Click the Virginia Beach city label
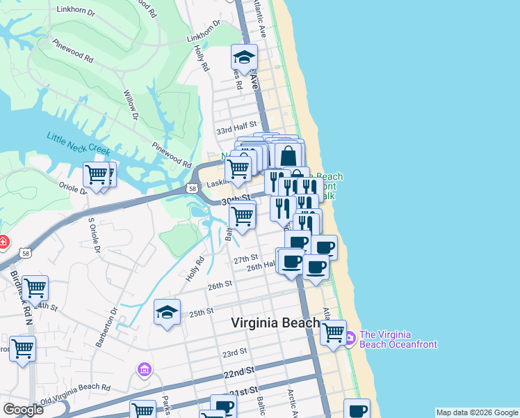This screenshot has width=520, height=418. tap(275, 323)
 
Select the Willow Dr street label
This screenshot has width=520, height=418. tap(131, 104)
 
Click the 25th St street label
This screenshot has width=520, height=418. tap(200, 313)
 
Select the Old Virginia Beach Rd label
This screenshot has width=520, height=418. tap(75, 394)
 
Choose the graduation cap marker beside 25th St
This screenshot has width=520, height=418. tap(167, 313)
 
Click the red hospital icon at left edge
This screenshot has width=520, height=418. tap(3, 242)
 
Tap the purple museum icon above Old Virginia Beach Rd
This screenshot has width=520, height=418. tap(144, 369)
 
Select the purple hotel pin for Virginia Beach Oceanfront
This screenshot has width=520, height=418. tap(349, 339)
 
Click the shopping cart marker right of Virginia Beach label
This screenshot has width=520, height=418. tap(334, 332)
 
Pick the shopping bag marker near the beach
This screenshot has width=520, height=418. tap(289, 155)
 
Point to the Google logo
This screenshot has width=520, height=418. tap(23, 410)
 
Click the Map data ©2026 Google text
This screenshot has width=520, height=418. tap(477, 412)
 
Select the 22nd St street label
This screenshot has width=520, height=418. tap(238, 375)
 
